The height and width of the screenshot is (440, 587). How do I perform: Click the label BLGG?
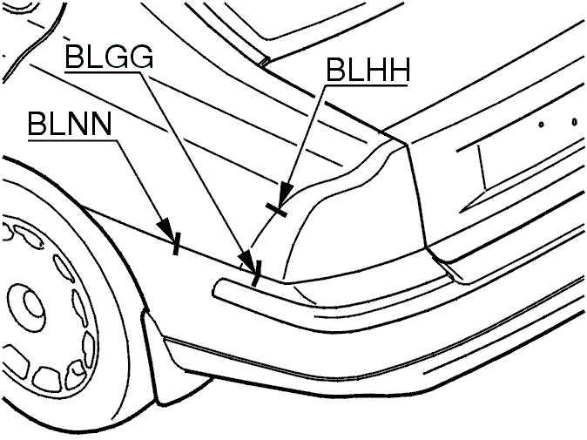click(x=110, y=56)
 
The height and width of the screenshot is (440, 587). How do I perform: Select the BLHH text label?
click(x=368, y=70)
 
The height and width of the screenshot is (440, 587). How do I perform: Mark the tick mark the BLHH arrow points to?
click(x=276, y=210)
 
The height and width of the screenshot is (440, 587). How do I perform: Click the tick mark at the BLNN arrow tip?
click(x=176, y=243)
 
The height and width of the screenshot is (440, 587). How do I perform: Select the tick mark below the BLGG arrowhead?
click(x=257, y=274)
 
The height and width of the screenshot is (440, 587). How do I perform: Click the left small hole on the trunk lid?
click(x=541, y=125)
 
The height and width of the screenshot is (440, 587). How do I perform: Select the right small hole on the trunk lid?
click(x=575, y=122)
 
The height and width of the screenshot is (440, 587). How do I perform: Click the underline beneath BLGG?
click(x=108, y=71)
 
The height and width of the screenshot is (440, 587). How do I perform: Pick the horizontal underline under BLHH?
click(x=367, y=85)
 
